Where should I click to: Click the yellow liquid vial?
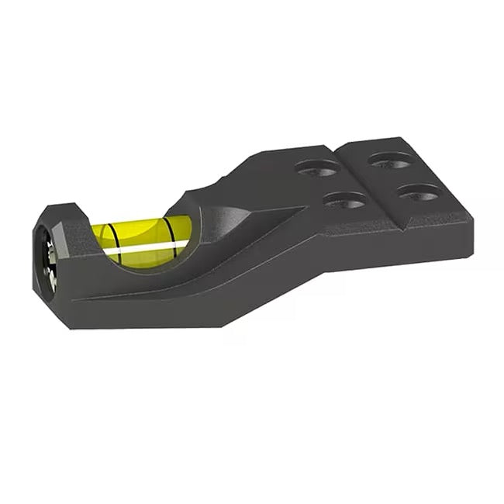pyautogui.click(x=143, y=236)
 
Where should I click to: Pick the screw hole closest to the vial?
pyautogui.click(x=319, y=167)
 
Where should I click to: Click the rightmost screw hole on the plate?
pyautogui.click(x=421, y=192)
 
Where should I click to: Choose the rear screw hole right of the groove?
pyautogui.click(x=390, y=161)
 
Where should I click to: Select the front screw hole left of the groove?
pyautogui.click(x=345, y=201)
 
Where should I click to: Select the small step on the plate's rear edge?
pyautogui.click(x=339, y=147)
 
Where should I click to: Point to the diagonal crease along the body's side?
pyautogui.click(x=194, y=275)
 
